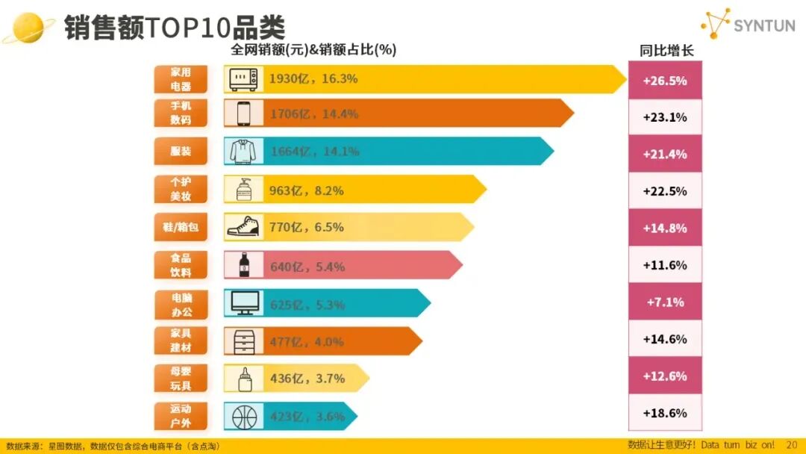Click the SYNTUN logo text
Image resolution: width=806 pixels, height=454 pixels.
tap(764, 25)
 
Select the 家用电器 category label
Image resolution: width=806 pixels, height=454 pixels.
tap(181, 79)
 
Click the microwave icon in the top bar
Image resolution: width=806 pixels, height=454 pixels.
tap(243, 79)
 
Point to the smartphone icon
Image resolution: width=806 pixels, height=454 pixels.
tap(243, 114)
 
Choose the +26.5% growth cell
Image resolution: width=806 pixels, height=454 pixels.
tap(664, 81)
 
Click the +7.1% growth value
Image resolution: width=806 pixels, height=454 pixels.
tap(664, 302)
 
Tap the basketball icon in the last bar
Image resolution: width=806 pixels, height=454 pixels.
tap(243, 416)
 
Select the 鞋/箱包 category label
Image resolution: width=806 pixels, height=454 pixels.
tap(181, 227)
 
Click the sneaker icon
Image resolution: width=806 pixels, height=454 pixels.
tap(243, 227)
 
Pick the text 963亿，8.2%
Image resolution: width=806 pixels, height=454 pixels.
tap(307, 191)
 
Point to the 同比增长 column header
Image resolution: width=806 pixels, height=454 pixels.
tap(666, 51)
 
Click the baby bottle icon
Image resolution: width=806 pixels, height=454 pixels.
tap(243, 379)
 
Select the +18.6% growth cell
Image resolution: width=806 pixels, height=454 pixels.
tap(664, 413)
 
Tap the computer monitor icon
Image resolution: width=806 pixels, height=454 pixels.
tap(243, 302)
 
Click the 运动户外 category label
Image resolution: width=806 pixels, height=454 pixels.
tap(181, 416)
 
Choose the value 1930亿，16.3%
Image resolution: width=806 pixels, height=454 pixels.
tap(313, 79)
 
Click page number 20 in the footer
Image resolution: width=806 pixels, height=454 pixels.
tap(792, 444)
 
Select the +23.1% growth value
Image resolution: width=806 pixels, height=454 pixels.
tap(664, 117)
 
